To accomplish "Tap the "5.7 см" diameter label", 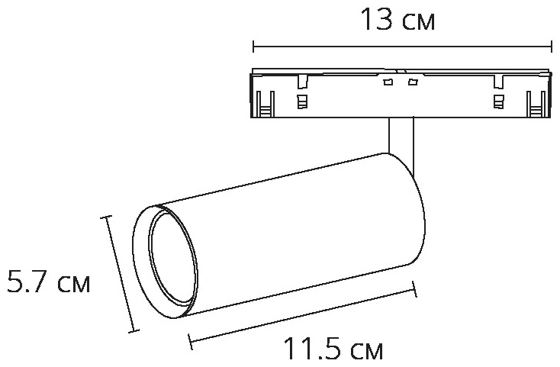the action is [49, 282].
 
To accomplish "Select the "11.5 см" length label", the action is [333, 349].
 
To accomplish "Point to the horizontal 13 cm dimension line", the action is [403, 47].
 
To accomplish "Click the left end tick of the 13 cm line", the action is [253, 47].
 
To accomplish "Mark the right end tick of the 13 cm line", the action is [552, 47].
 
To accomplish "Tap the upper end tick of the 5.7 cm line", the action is [106, 217].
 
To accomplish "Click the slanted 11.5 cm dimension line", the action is [303, 315].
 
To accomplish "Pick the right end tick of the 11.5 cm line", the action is [414, 289].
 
